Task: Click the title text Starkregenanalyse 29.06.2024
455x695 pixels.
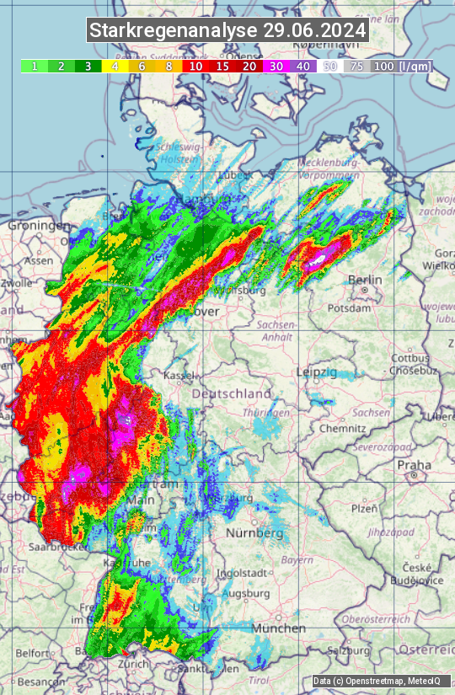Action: pos(227,31)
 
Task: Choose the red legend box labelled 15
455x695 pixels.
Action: pos(223,66)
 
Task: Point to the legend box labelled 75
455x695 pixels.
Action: pos(357,66)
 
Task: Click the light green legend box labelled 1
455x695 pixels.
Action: pos(34,66)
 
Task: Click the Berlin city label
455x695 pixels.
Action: pos(365,281)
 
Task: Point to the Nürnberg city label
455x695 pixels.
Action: pos(254,533)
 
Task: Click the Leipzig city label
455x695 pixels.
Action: pos(316,372)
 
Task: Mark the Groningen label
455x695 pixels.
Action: pos(39,226)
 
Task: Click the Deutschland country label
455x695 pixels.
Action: pos(232,393)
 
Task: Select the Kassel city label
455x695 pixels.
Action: pos(179,373)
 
